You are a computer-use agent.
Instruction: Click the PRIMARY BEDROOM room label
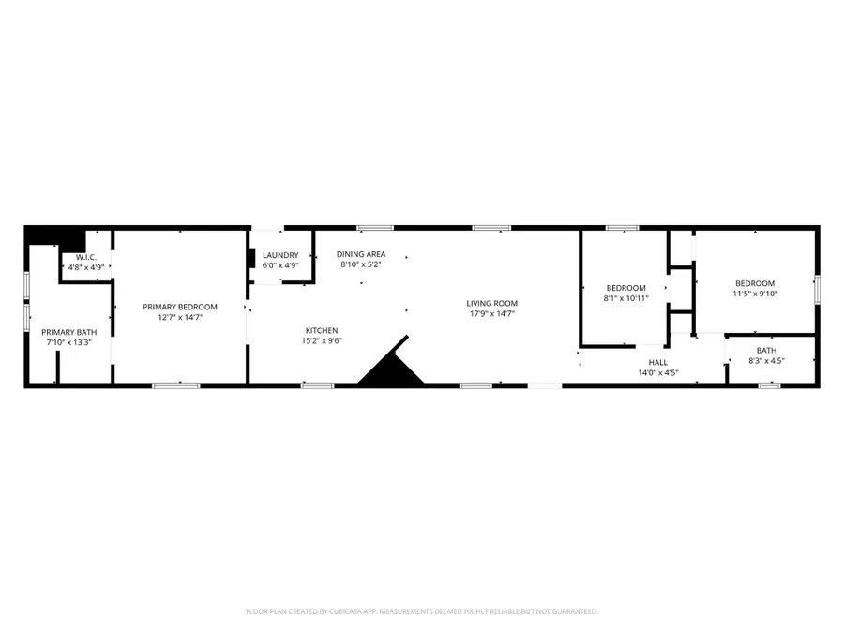[x=180, y=307]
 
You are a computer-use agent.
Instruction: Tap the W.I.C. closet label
[x=85, y=257]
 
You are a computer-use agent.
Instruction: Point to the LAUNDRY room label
[x=280, y=255]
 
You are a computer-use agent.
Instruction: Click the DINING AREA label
[x=361, y=254]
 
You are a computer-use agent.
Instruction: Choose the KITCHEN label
[x=322, y=330]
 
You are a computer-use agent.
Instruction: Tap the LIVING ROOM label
[x=492, y=303]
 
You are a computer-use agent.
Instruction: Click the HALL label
[x=658, y=362]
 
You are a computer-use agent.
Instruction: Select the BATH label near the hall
[x=766, y=350]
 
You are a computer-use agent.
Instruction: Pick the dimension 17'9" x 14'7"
[x=492, y=313]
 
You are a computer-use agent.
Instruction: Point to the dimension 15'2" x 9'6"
[x=322, y=340]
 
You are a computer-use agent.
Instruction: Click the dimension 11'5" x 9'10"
[x=755, y=294]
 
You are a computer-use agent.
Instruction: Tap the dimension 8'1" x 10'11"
[x=625, y=298]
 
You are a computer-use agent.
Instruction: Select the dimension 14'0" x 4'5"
[x=658, y=372]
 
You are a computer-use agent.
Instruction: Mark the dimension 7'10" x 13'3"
[x=68, y=342]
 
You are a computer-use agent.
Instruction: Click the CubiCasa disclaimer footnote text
[x=422, y=611]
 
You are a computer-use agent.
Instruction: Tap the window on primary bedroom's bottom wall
[x=176, y=384]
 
